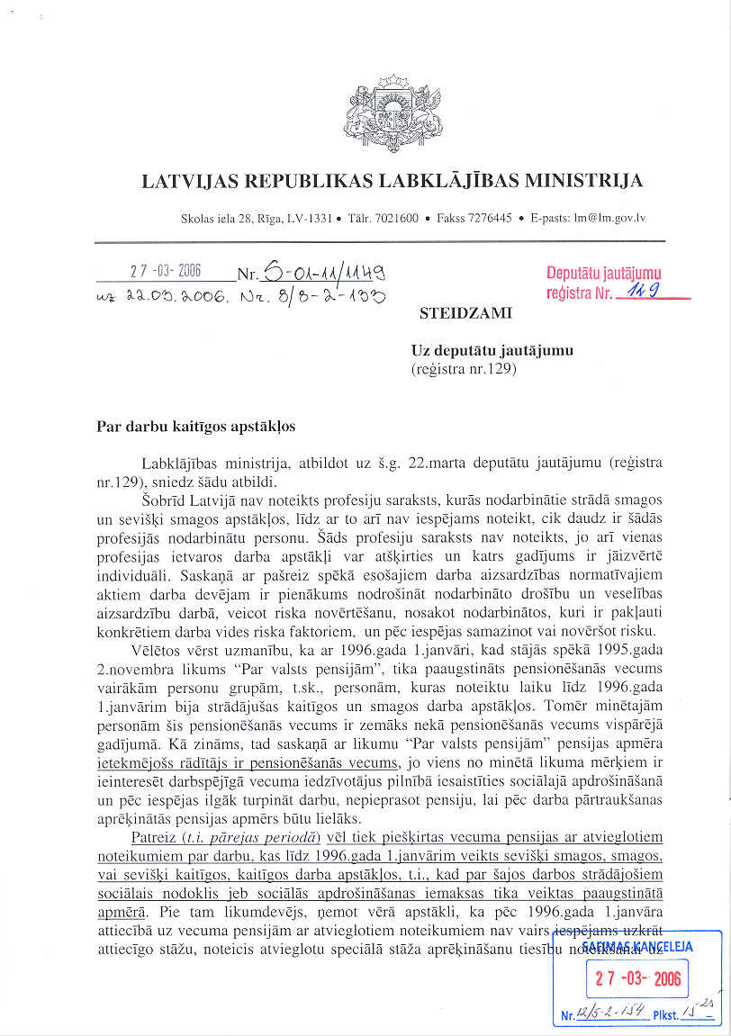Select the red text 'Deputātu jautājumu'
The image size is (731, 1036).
point(603,273)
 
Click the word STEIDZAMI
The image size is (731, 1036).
point(465,314)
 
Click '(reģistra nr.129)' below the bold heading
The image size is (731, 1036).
point(464,368)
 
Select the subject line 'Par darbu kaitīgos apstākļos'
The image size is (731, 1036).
point(195,427)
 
